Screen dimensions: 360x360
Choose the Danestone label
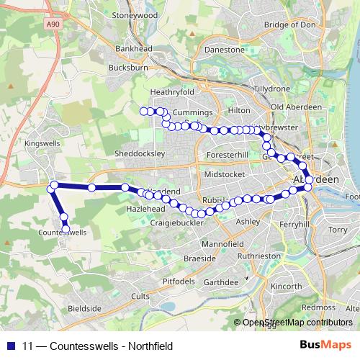coord(225,50)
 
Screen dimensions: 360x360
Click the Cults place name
coord(140,296)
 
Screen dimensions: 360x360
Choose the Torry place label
coord(337,230)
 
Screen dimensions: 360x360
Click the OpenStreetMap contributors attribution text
coord(297,323)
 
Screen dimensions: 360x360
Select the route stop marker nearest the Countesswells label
coord(66,230)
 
